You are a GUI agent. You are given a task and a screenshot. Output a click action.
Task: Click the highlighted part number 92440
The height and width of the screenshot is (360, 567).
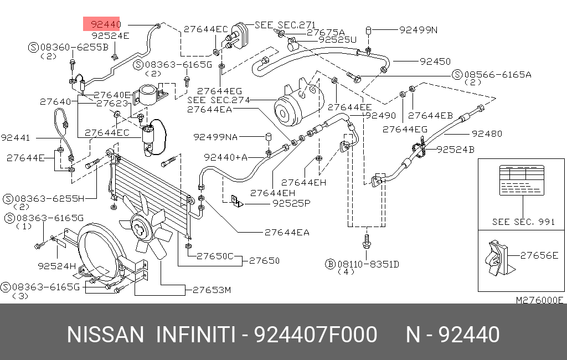[x=106, y=24]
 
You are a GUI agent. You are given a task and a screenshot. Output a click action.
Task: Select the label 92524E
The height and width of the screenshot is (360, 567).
[x=110, y=35]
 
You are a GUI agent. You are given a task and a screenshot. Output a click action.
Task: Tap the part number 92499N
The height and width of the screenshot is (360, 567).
[x=418, y=30]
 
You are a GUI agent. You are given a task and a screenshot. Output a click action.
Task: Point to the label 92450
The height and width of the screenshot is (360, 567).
[x=435, y=61]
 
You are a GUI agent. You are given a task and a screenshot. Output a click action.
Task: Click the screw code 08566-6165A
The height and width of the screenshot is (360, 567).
[x=497, y=74]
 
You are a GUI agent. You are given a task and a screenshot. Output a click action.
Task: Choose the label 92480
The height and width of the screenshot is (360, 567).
[x=487, y=133]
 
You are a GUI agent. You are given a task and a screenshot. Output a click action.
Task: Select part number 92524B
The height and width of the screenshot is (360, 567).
[x=455, y=150]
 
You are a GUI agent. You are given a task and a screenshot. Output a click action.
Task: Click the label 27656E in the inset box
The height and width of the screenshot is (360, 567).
[x=539, y=255]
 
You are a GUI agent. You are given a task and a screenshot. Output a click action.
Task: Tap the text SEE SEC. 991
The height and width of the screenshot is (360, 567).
[x=523, y=222]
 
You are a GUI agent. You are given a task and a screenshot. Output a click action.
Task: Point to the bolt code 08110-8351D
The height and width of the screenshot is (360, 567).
[x=369, y=264]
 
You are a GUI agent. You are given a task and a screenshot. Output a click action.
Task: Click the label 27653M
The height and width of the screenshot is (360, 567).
[x=212, y=290]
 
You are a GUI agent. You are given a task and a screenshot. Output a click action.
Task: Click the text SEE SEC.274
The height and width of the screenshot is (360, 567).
[x=219, y=100]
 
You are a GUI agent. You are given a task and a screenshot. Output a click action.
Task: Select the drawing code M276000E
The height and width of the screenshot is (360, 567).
[x=539, y=300]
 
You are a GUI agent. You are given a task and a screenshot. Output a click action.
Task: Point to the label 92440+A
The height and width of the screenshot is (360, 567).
[x=225, y=157]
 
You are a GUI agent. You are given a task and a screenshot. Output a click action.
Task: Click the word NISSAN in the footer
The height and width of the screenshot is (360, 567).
[x=105, y=335]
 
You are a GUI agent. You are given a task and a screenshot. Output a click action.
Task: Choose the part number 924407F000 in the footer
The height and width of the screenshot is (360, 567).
[x=315, y=335]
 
